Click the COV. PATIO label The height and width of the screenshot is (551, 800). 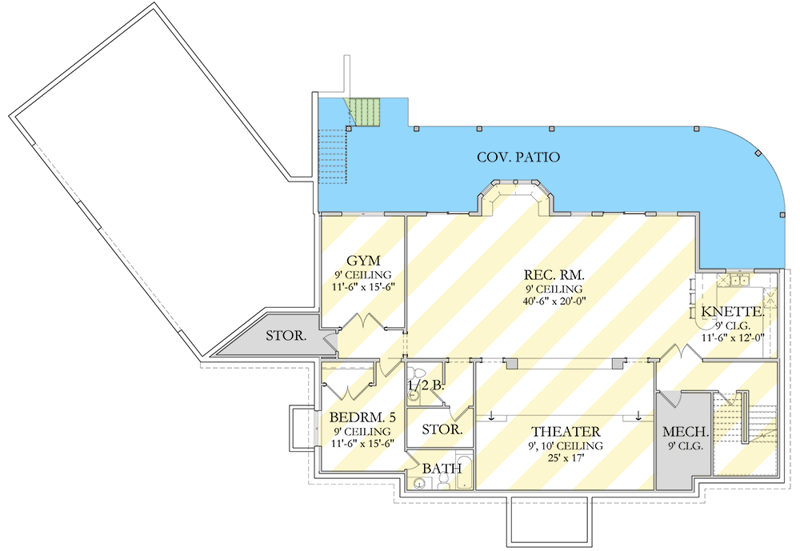[x=518, y=158]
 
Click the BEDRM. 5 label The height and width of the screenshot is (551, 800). [x=362, y=417]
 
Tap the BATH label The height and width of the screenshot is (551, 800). [x=442, y=467]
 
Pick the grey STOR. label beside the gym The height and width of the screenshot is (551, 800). [x=286, y=336]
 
